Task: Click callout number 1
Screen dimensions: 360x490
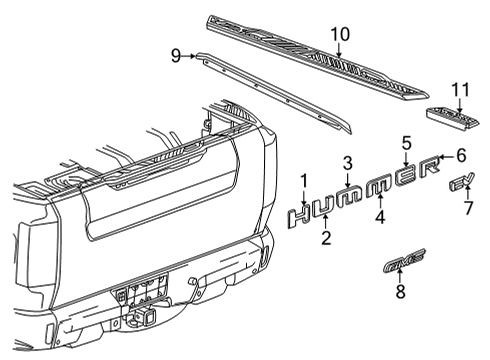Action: [x=303, y=180]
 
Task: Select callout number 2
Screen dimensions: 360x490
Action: [x=326, y=237]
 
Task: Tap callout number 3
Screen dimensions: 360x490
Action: [x=347, y=163]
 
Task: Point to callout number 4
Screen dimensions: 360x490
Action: [x=381, y=215]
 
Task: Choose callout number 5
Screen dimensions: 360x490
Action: [x=407, y=142]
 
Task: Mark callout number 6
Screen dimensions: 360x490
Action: [x=461, y=155]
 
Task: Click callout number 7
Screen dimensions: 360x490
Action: [x=467, y=208]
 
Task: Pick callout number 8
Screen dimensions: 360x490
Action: [x=400, y=292]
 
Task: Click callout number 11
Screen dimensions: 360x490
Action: [x=459, y=90]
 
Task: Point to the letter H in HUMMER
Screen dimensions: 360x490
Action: [x=300, y=213]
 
